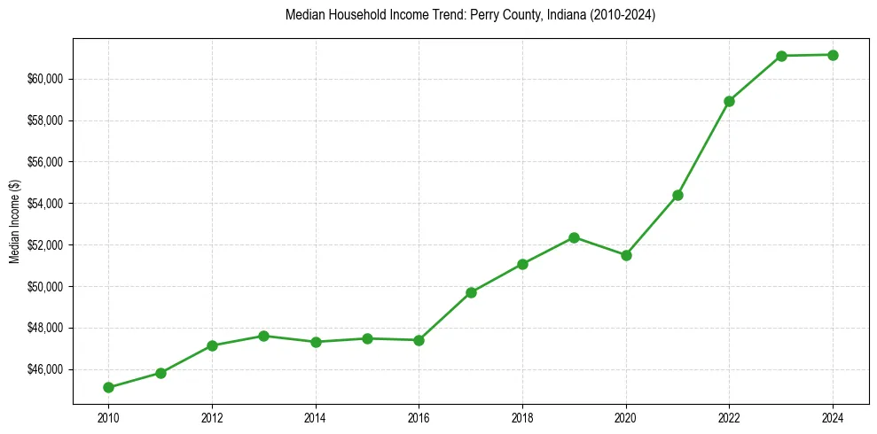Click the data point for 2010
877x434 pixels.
pyautogui.click(x=108, y=387)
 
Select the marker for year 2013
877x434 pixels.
pyautogui.click(x=263, y=336)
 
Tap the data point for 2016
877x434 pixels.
pyautogui.click(x=419, y=340)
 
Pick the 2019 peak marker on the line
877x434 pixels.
pyautogui.click(x=575, y=237)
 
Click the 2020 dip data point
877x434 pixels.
pyautogui.click(x=626, y=255)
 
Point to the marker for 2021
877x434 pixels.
pyautogui.click(x=677, y=195)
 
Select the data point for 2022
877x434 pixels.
pyautogui.click(x=729, y=101)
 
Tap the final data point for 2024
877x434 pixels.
pyautogui.click(x=833, y=55)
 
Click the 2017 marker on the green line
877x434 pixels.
pyautogui.click(x=471, y=292)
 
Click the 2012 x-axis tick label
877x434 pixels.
pyautogui.click(x=212, y=417)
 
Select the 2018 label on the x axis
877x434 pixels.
pyautogui.click(x=522, y=417)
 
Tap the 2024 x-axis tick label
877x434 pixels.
pyautogui.click(x=833, y=417)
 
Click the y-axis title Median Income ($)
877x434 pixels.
pyautogui.click(x=14, y=221)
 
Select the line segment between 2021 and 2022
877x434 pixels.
pyautogui.click(x=703, y=148)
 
